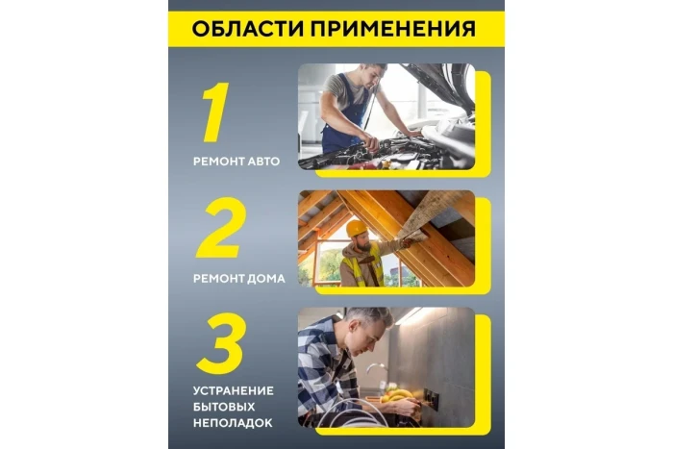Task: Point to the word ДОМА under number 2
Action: [263, 279]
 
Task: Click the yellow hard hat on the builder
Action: [357, 229]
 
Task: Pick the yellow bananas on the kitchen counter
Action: [395, 393]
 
